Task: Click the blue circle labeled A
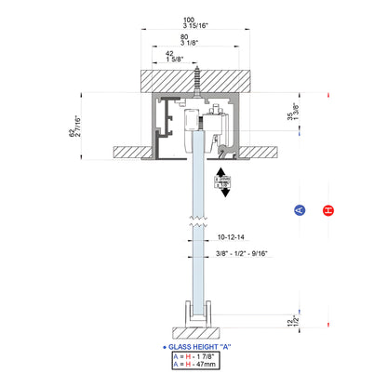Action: (x=299, y=210)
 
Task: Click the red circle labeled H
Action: (x=327, y=210)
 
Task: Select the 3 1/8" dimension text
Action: (x=188, y=41)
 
